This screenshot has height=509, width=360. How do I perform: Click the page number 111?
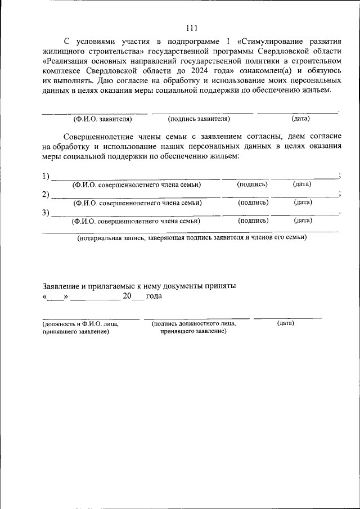click(x=191, y=29)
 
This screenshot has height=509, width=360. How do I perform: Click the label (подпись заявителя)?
click(x=199, y=119)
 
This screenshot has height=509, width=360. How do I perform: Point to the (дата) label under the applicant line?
click(x=300, y=119)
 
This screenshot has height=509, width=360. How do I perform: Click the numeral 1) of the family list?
click(x=46, y=176)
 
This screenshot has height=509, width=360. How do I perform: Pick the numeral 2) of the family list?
click(x=46, y=195)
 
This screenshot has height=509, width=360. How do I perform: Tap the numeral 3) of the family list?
click(x=46, y=213)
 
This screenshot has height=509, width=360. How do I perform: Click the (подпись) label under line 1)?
click(x=253, y=184)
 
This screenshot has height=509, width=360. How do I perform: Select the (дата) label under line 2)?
click(x=303, y=202)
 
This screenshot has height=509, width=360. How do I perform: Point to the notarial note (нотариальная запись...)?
click(x=192, y=238)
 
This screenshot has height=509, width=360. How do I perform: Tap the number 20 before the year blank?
click(x=127, y=296)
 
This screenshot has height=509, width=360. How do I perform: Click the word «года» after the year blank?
click(x=154, y=296)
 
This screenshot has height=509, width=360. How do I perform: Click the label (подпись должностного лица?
click(x=193, y=323)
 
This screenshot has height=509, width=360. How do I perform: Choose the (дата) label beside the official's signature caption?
click(x=286, y=323)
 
